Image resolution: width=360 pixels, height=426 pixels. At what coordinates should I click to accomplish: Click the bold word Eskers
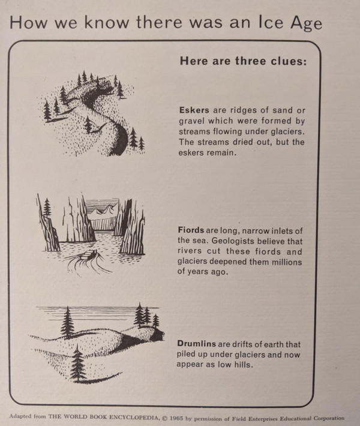[194, 110]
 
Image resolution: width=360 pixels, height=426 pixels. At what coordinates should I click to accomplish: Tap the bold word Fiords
[191, 230]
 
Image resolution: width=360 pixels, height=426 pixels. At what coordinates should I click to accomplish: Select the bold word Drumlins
[196, 343]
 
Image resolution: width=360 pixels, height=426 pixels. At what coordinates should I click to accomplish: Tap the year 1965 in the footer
[176, 418]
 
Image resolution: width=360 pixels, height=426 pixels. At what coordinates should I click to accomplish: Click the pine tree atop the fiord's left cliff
[47, 207]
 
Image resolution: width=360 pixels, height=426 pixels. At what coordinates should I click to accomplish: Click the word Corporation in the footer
[329, 418]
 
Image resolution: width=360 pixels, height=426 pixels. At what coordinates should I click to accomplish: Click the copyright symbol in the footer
[164, 418]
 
